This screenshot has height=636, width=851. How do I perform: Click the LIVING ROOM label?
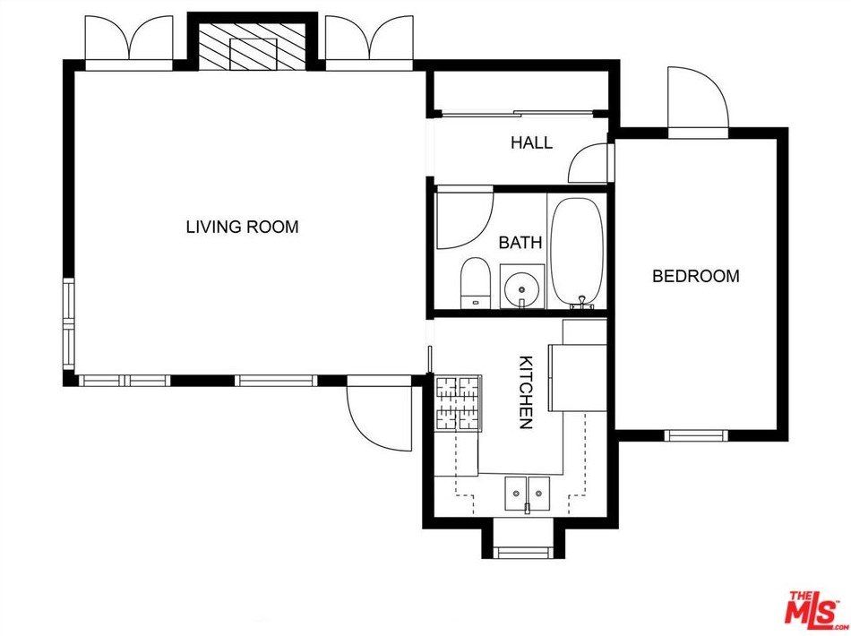click(242, 227)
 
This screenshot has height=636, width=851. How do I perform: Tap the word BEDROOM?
click(696, 276)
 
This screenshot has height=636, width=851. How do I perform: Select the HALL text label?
click(531, 142)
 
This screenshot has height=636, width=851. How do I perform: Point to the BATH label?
click(520, 242)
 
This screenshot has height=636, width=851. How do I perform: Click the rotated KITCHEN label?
click(526, 392)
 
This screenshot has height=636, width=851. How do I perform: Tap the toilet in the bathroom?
click(476, 283)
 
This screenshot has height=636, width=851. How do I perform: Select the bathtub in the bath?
click(576, 253)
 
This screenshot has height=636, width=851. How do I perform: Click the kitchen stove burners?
click(458, 403)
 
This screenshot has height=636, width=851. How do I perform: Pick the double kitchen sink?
click(527, 494)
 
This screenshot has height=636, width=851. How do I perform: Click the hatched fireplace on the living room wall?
click(254, 47)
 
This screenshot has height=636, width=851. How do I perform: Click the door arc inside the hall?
click(588, 163)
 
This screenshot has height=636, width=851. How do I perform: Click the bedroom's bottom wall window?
click(696, 435)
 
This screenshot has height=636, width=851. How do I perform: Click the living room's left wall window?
click(68, 324)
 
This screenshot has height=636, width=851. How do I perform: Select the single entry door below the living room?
click(380, 414)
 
